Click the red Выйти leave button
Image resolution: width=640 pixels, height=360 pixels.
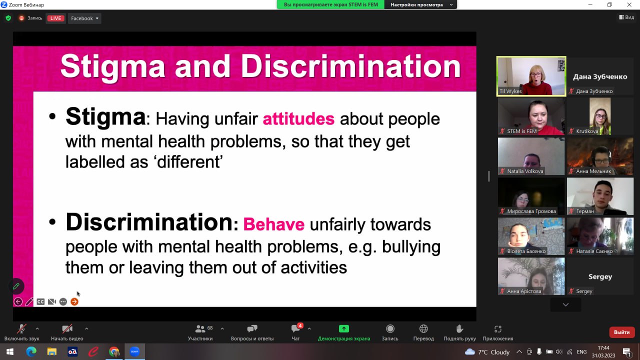pos(621,332)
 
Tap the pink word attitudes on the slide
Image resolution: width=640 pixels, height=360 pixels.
pos(298,119)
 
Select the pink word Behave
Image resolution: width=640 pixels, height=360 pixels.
pos(273,224)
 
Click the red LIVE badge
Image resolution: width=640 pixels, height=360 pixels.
pos(55,18)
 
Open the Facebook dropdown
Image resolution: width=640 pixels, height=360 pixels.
pos(84,18)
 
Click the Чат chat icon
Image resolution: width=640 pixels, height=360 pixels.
pos(295,329)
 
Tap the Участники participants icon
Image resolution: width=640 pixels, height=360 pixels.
pos(200,329)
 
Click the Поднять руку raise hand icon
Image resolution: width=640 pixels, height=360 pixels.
pos(459,329)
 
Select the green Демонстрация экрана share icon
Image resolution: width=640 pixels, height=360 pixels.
pos(343,329)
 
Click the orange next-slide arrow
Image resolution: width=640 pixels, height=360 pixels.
pos(74,301)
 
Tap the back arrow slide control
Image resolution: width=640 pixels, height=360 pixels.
pos(18,301)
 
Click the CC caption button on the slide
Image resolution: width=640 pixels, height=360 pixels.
pos(40,301)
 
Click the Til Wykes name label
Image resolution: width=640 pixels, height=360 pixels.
pos(510,91)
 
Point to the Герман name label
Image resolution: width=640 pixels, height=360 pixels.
pos(585,211)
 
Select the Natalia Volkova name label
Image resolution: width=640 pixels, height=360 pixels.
pos(525,171)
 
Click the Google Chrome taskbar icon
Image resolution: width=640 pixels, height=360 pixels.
pos(114,351)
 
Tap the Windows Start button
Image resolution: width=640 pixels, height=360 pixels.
pos(10,351)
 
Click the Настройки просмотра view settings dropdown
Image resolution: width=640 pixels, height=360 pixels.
pos(420,4)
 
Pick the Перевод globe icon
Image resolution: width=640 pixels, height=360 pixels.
pos(423,329)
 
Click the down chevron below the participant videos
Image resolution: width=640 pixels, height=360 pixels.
pos(565,304)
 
